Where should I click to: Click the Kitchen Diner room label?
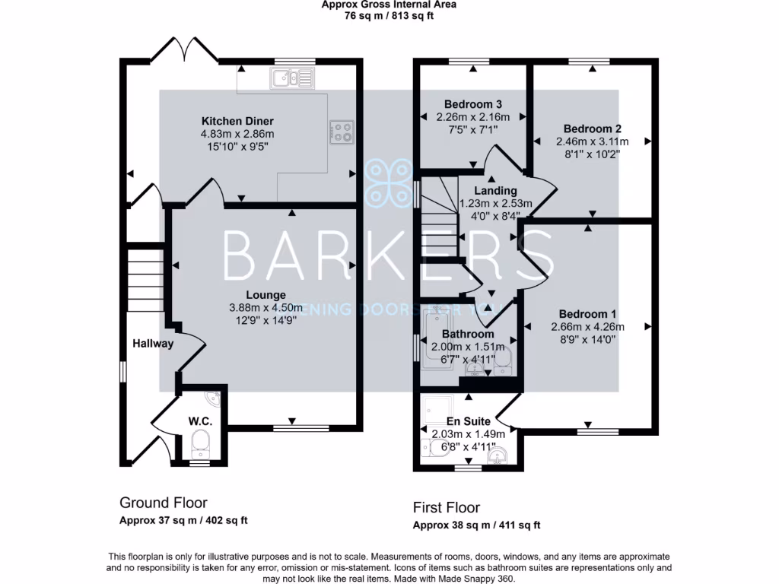[237, 121]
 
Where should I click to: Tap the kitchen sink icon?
[291, 77]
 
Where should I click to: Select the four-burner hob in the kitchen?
[341, 132]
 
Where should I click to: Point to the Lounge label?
[265, 295]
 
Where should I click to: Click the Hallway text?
[153, 343]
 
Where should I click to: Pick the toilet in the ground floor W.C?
[200, 441]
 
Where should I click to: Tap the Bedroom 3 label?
[472, 103]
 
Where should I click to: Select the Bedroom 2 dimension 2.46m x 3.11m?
[593, 141]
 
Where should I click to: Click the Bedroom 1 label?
[587, 314]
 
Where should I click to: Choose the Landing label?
[495, 191]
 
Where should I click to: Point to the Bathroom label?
[468, 334]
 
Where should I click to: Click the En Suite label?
[469, 421]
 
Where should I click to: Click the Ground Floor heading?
[163, 503]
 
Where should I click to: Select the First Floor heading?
[446, 507]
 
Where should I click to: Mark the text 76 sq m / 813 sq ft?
[389, 15]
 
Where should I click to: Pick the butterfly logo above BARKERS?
[389, 182]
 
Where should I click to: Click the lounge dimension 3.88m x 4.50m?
[265, 308]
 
